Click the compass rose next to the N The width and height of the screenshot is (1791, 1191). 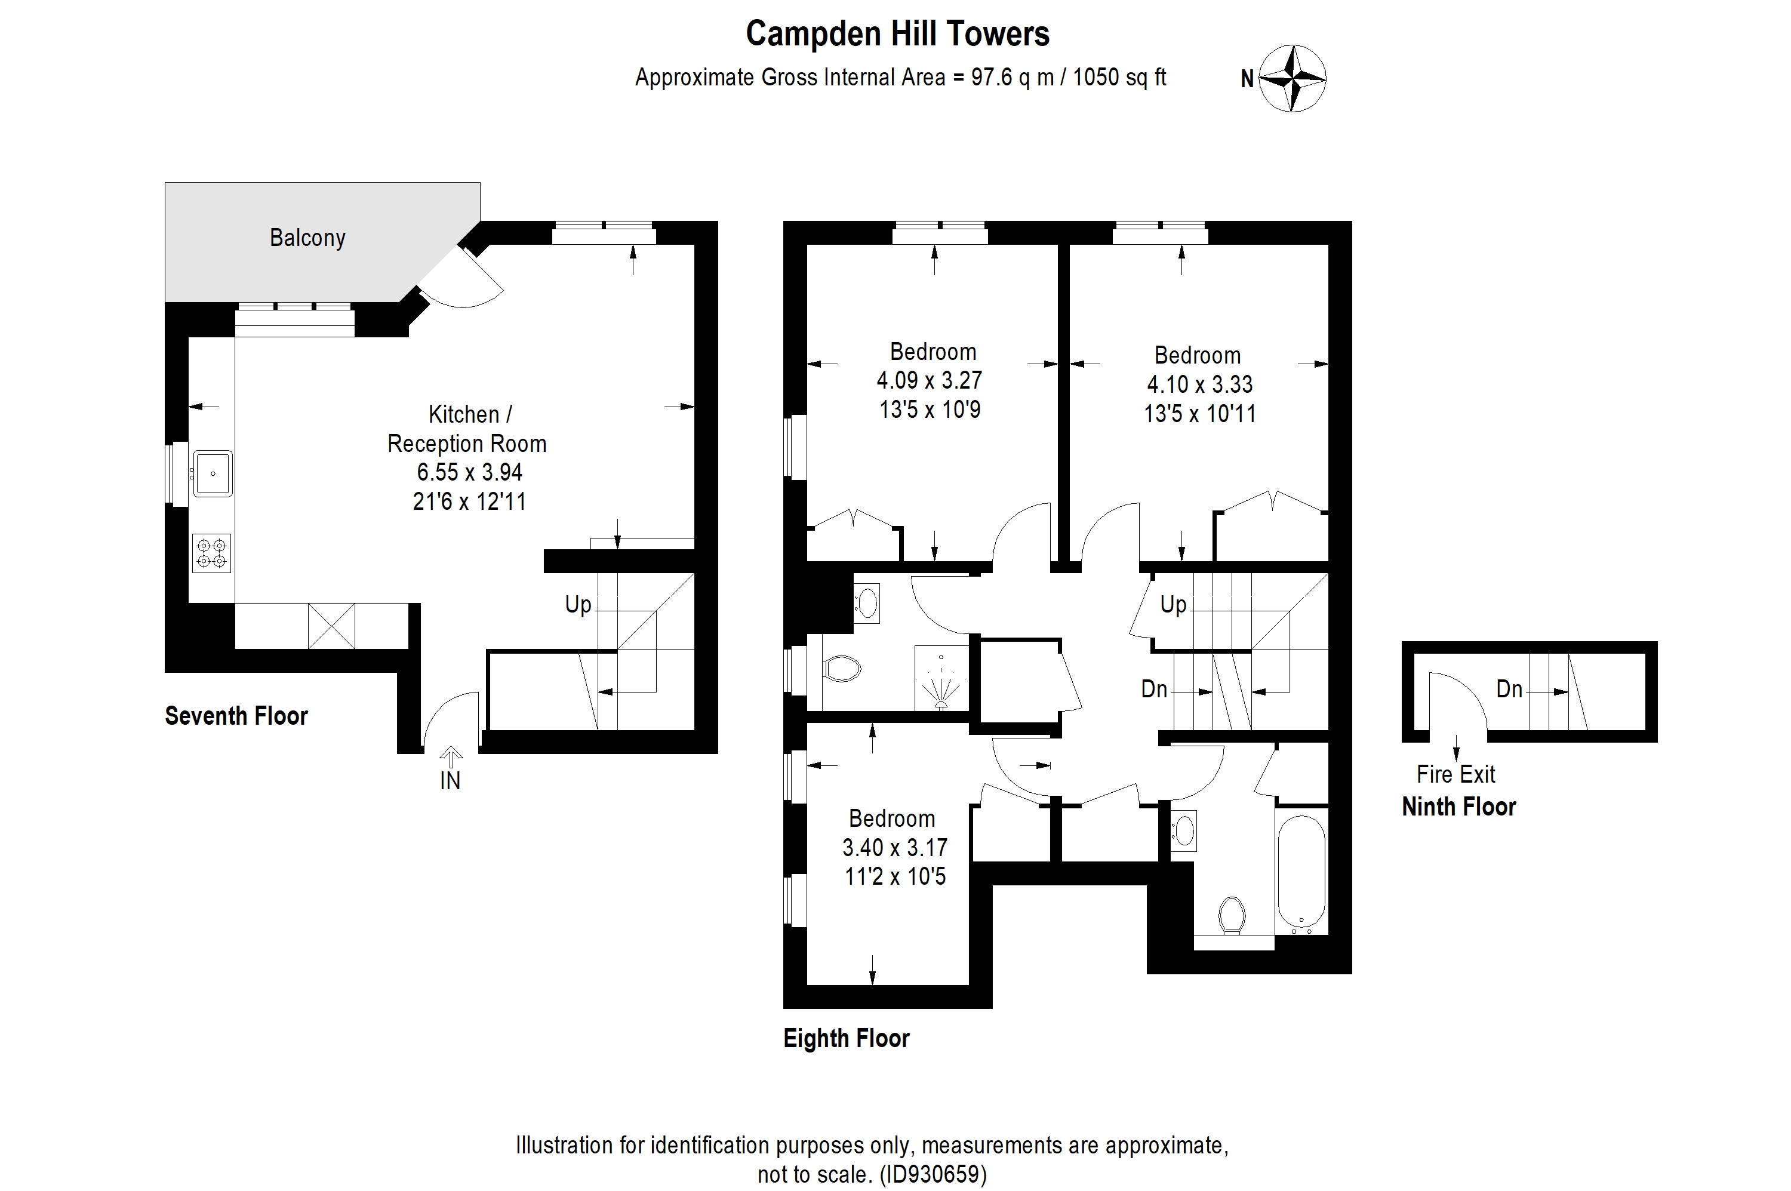coord(1293,78)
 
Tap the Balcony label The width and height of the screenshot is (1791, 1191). coord(307,238)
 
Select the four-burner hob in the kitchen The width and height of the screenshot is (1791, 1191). coord(211,553)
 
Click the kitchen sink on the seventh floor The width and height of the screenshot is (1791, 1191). coord(213,473)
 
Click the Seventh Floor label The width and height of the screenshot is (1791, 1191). coord(236,716)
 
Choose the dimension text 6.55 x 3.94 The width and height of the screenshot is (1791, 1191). coord(469,472)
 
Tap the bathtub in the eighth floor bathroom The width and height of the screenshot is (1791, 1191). coord(1301,873)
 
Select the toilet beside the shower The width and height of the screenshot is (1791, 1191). coord(842,669)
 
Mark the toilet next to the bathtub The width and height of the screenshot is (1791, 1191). coord(1232,916)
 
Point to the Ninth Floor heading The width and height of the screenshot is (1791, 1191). coord(1458,806)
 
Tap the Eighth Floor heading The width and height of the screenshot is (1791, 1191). coord(846,1038)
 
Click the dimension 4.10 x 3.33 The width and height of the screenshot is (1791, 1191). coord(1199,384)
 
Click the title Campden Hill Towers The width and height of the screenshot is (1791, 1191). coord(897,34)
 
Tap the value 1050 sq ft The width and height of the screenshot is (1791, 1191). coord(1119,78)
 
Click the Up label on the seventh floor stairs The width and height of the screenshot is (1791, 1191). coord(577,605)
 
